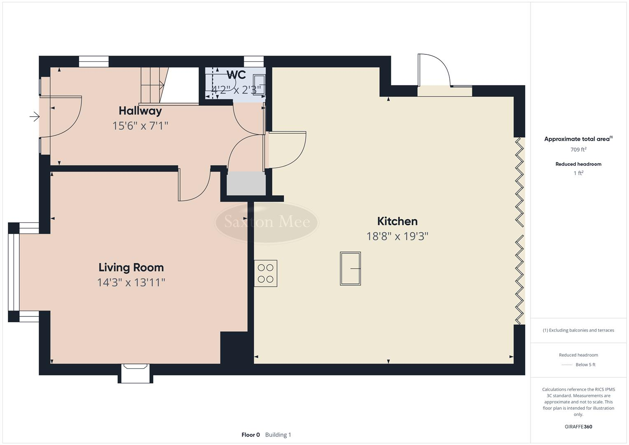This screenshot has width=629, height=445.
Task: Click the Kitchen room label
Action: click(397, 221)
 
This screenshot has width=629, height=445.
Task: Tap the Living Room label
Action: click(131, 267)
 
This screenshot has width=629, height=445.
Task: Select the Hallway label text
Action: click(140, 111)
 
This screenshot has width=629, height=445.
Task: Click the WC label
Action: click(236, 75)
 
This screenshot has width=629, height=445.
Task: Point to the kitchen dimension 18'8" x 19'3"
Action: click(397, 236)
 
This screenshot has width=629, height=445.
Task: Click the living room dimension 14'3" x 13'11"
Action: click(131, 282)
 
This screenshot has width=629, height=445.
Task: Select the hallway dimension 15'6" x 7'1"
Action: click(140, 126)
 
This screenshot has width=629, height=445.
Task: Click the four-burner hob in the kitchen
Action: click(266, 273)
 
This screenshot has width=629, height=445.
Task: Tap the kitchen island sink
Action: click(350, 269)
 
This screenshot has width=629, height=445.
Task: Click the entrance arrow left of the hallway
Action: click(35, 117)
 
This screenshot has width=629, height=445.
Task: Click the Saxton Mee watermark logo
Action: click(267, 222)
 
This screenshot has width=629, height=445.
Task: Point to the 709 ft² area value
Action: click(578, 150)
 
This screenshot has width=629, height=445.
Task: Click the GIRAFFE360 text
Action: click(578, 426)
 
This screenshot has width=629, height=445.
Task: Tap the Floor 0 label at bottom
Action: click(250, 435)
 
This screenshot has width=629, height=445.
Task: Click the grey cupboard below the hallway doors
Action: click(246, 183)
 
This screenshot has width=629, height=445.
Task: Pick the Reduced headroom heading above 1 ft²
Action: click(578, 164)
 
